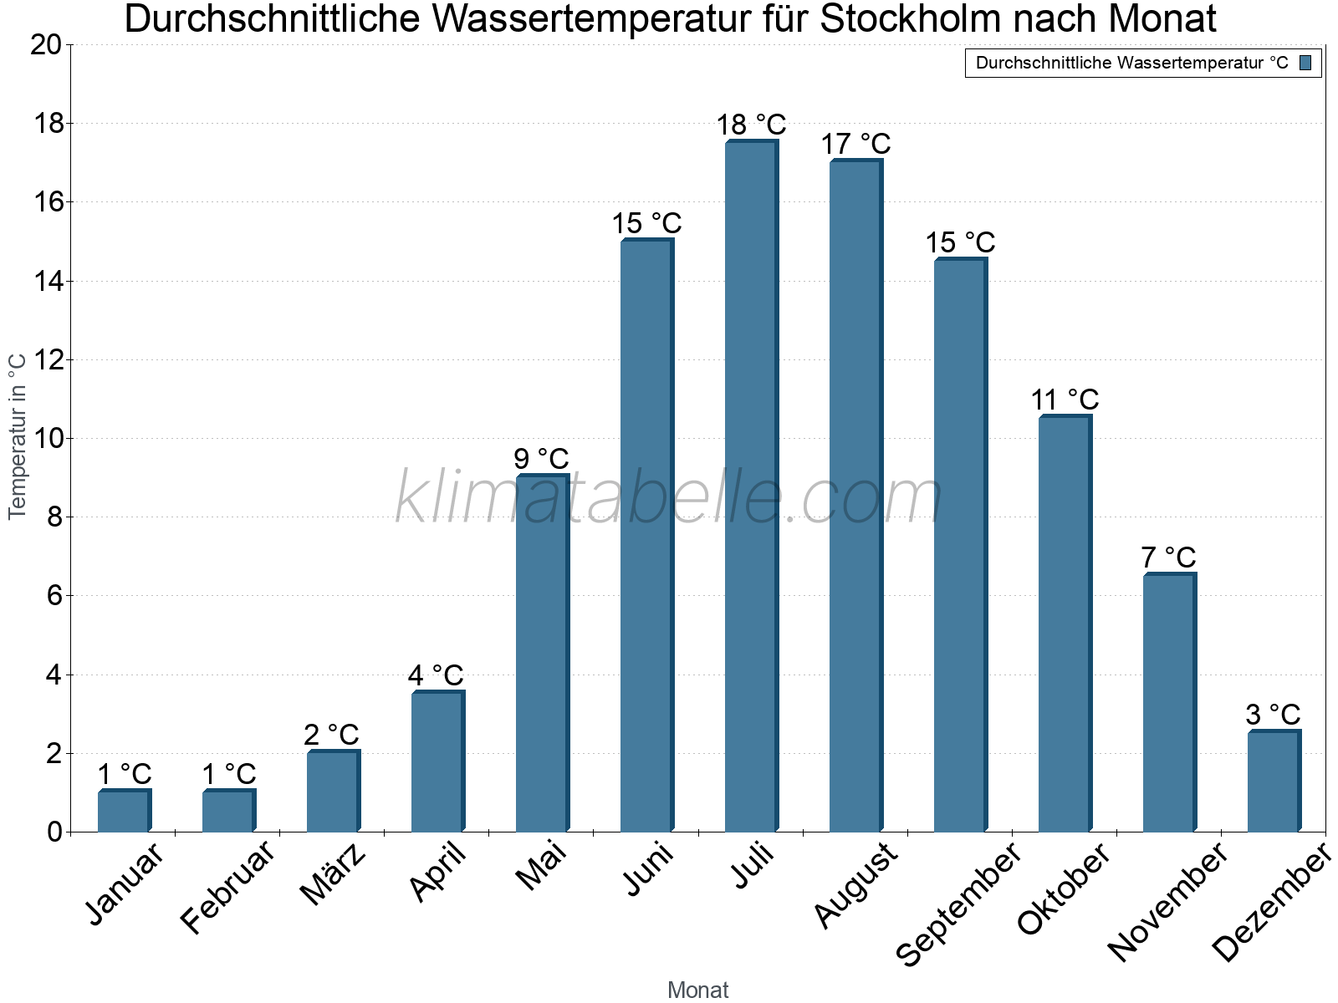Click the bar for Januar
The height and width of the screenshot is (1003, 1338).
[124, 811]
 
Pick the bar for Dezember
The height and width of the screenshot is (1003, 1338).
[1274, 782]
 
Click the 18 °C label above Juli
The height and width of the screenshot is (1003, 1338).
[751, 125]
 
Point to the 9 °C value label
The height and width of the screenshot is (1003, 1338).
[541, 459]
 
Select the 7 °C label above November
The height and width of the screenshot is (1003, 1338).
[1168, 558]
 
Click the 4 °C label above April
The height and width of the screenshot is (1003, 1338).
[436, 675]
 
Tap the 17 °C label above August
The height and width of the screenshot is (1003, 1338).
[855, 144]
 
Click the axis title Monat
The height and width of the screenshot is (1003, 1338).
[698, 990]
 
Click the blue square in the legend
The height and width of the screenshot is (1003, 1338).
[1305, 63]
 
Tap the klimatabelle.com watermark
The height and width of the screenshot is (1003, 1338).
[669, 498]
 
